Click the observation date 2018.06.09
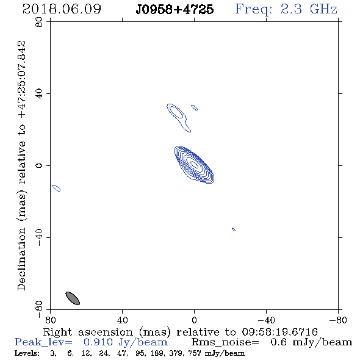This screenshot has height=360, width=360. coord(62,9)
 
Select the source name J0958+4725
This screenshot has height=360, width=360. coord(175,10)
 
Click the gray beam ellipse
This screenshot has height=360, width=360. coord(73,298)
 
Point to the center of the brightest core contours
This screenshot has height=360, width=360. coord(194,164)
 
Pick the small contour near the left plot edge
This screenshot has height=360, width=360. coord(57,188)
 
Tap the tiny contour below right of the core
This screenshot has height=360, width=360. coord(234,229)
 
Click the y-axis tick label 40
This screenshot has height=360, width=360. coord(39,94)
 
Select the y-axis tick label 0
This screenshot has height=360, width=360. coord(39,165)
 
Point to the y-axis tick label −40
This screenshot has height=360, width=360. coord(39,237)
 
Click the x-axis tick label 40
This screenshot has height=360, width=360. coord(122,320)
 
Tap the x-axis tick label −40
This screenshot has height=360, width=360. coord(266,320)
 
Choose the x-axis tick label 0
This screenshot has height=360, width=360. coord(194,320)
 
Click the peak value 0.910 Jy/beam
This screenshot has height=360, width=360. coord(125,342)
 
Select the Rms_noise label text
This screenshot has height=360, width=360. coord(225,342)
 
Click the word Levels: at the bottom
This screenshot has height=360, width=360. coord(27,353)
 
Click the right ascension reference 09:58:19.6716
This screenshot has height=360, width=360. coord(279,332)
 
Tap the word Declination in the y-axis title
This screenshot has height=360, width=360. coord(21,259)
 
